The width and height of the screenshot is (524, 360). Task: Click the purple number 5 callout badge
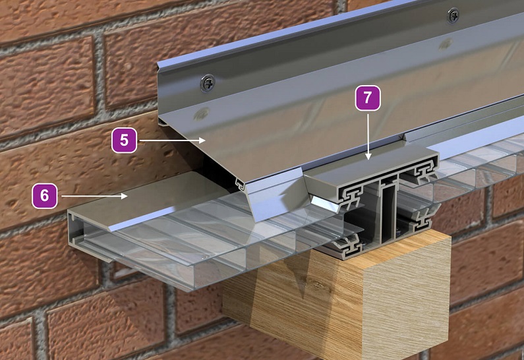click(x=125, y=140)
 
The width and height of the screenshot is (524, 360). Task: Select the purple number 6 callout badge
click(x=44, y=196)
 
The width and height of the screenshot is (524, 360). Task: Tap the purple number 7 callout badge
click(x=368, y=98)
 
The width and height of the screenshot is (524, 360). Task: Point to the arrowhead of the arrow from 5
click(x=202, y=140)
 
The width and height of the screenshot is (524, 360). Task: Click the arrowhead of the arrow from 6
click(x=124, y=196)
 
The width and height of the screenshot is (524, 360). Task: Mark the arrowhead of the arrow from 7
click(x=368, y=156)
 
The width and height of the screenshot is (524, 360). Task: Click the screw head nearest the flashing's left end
click(x=207, y=83)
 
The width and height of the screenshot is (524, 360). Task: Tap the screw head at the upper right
click(x=453, y=16)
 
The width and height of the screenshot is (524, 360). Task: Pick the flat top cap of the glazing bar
click(x=371, y=167)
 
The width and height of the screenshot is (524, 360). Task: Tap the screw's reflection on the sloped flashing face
click(x=202, y=113)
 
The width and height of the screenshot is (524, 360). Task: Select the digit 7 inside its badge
click(x=368, y=98)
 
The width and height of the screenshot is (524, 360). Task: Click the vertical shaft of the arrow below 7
click(x=368, y=135)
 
